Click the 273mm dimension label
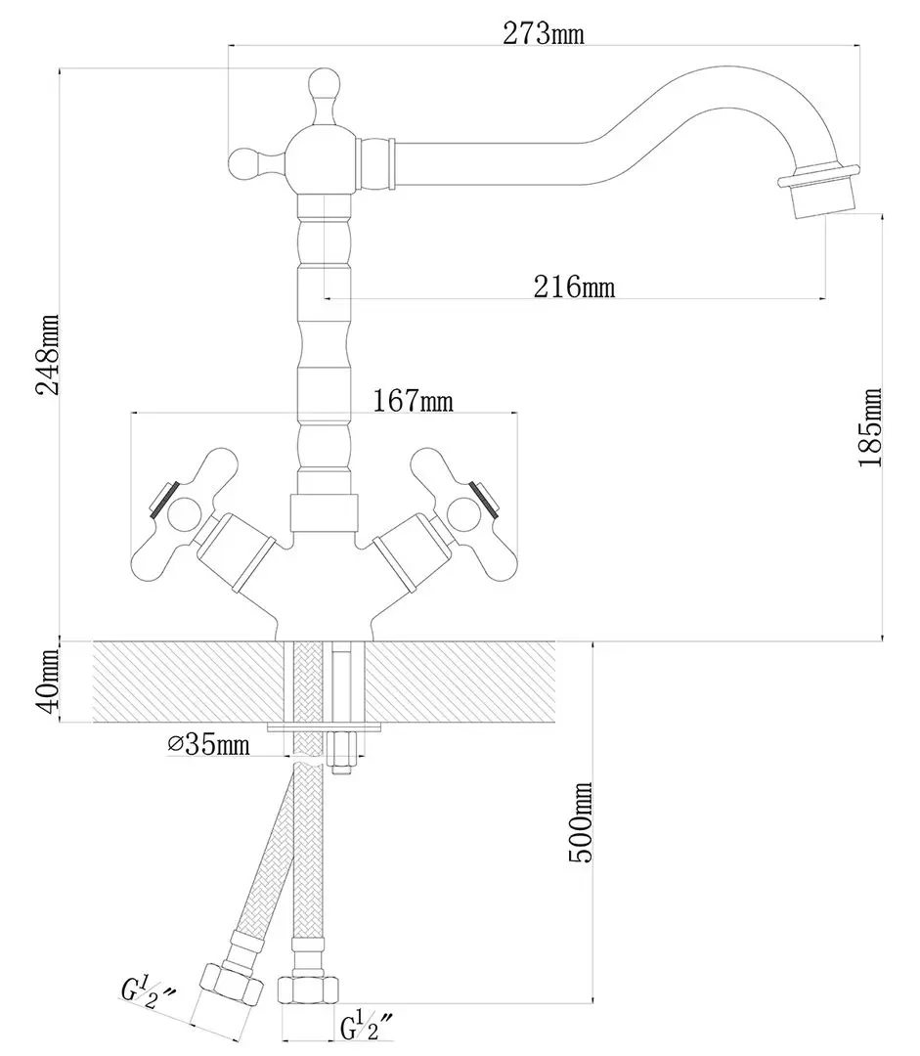coord(544,34)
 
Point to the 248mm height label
coord(47,354)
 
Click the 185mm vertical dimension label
coord(869,427)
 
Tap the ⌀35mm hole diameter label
coord(208,745)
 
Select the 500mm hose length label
coord(580,822)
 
